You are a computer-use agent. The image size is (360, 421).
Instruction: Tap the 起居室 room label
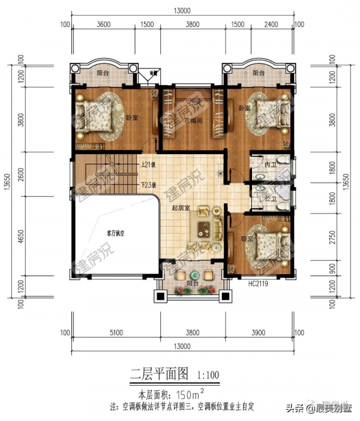point(181,209)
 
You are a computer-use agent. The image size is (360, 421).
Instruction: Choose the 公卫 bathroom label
point(269,199)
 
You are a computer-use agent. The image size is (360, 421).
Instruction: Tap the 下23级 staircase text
point(148,185)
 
